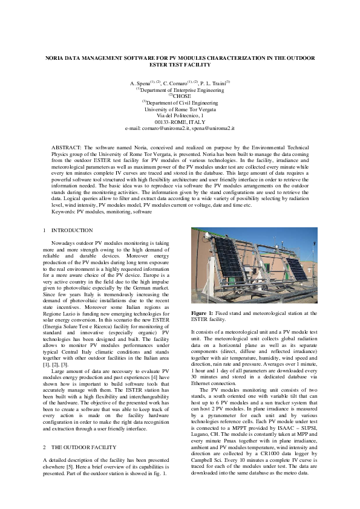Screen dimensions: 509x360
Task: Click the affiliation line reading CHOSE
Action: click(x=182, y=96)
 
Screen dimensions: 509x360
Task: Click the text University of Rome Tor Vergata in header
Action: click(x=180, y=109)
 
